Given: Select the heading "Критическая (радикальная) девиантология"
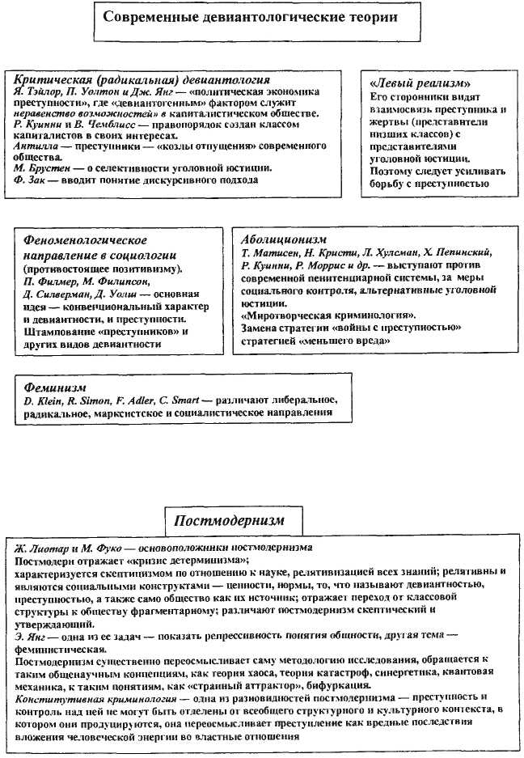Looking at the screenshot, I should pyautogui.click(x=142, y=80).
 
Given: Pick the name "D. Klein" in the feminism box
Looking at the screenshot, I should pyautogui.click(x=40, y=401).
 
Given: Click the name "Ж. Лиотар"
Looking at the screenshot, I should pyautogui.click(x=44, y=548).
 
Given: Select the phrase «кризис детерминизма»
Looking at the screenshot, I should pyautogui.click(x=186, y=559).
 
